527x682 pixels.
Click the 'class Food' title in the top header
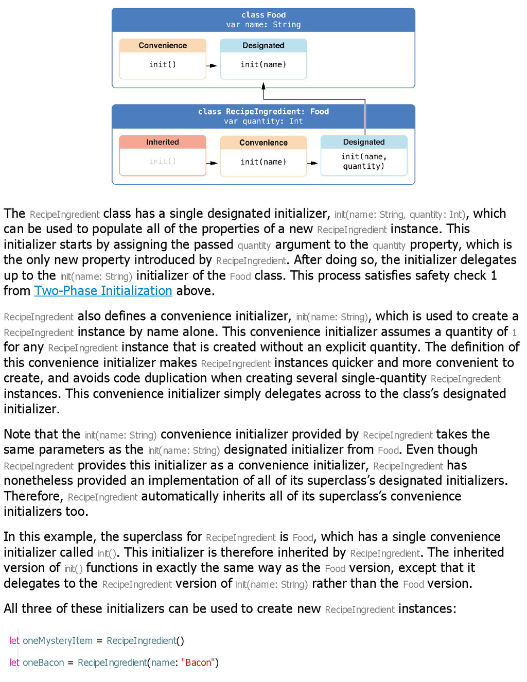[x=263, y=15]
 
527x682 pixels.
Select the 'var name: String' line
[x=263, y=25]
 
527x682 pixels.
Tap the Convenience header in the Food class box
[x=163, y=45]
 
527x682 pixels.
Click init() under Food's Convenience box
[x=163, y=64]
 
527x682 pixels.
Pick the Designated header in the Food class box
[x=263, y=45]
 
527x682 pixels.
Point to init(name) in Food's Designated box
[x=263, y=64]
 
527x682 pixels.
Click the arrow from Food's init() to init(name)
[x=212, y=66]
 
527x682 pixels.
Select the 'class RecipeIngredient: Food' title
[x=263, y=111]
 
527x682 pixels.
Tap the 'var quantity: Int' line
[x=263, y=121]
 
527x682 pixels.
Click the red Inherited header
[x=163, y=142]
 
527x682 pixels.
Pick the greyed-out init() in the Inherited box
[x=163, y=162]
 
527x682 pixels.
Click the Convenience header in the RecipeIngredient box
[x=263, y=143]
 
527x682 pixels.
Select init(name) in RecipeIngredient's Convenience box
[x=263, y=162]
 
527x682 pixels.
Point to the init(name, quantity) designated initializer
[x=364, y=161]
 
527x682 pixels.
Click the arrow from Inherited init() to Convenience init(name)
[x=212, y=163]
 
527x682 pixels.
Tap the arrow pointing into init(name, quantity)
[x=312, y=163]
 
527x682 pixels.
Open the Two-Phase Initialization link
[x=103, y=291]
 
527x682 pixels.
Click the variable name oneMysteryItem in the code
[x=58, y=641]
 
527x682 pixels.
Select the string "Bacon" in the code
[x=198, y=663]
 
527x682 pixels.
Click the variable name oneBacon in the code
[x=43, y=663]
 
